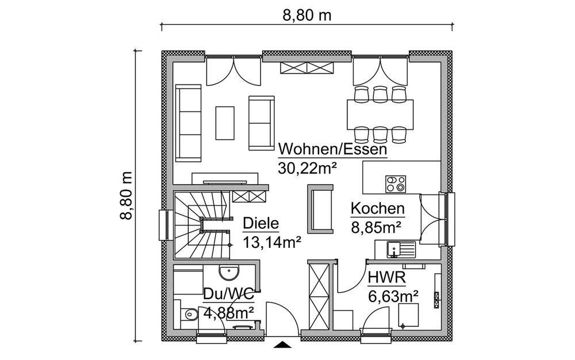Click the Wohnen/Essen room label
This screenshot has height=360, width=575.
(x=332, y=150)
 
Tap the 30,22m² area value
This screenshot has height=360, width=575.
(x=307, y=168)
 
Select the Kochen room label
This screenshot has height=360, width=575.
(x=378, y=209)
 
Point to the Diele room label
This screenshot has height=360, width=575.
(x=260, y=224)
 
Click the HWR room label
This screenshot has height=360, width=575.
(x=387, y=278)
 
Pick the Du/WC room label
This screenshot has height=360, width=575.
(x=228, y=294)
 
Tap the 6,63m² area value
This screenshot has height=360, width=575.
(x=393, y=297)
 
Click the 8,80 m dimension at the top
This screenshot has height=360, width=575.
(x=306, y=16)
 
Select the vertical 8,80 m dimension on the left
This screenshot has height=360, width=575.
(x=126, y=196)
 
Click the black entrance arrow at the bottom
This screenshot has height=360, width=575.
(x=282, y=344)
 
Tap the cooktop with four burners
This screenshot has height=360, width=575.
(x=396, y=184)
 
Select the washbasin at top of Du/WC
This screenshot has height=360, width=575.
(x=229, y=271)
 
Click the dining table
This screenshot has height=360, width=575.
(x=380, y=114)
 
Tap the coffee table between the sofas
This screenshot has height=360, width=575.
(x=225, y=123)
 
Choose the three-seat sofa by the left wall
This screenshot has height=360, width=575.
(x=189, y=123)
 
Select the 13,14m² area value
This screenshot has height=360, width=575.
(x=272, y=242)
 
